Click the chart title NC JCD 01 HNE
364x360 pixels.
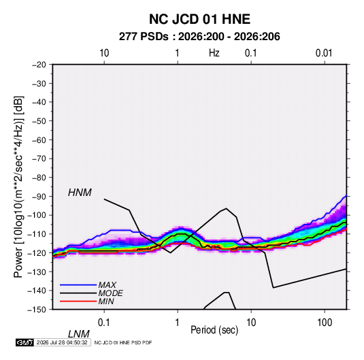pyautogui.click(x=199, y=19)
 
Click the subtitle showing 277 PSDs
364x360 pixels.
pyautogui.click(x=199, y=37)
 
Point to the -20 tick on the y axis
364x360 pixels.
pyautogui.click(x=39, y=65)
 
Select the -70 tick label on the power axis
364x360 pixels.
pyautogui.click(x=39, y=159)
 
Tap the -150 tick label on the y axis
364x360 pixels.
pyautogui.click(x=37, y=310)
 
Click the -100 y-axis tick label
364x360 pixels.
pyautogui.click(x=37, y=215)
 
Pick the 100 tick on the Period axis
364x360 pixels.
pyautogui.click(x=325, y=323)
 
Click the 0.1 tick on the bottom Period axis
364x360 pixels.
pyautogui.click(x=104, y=323)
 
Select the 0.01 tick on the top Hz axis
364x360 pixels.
pyautogui.click(x=324, y=53)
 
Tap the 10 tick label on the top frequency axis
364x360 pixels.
pyautogui.click(x=104, y=53)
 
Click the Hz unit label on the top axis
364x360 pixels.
pyautogui.click(x=214, y=53)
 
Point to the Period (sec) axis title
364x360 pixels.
pyautogui.click(x=214, y=330)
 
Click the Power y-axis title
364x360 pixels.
pyautogui.click(x=18, y=186)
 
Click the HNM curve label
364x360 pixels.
pyautogui.click(x=80, y=193)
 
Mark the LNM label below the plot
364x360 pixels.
pyautogui.click(x=78, y=334)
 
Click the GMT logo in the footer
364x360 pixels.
pyautogui.click(x=25, y=342)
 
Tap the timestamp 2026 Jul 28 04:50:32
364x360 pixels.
pyautogui.click(x=62, y=342)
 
